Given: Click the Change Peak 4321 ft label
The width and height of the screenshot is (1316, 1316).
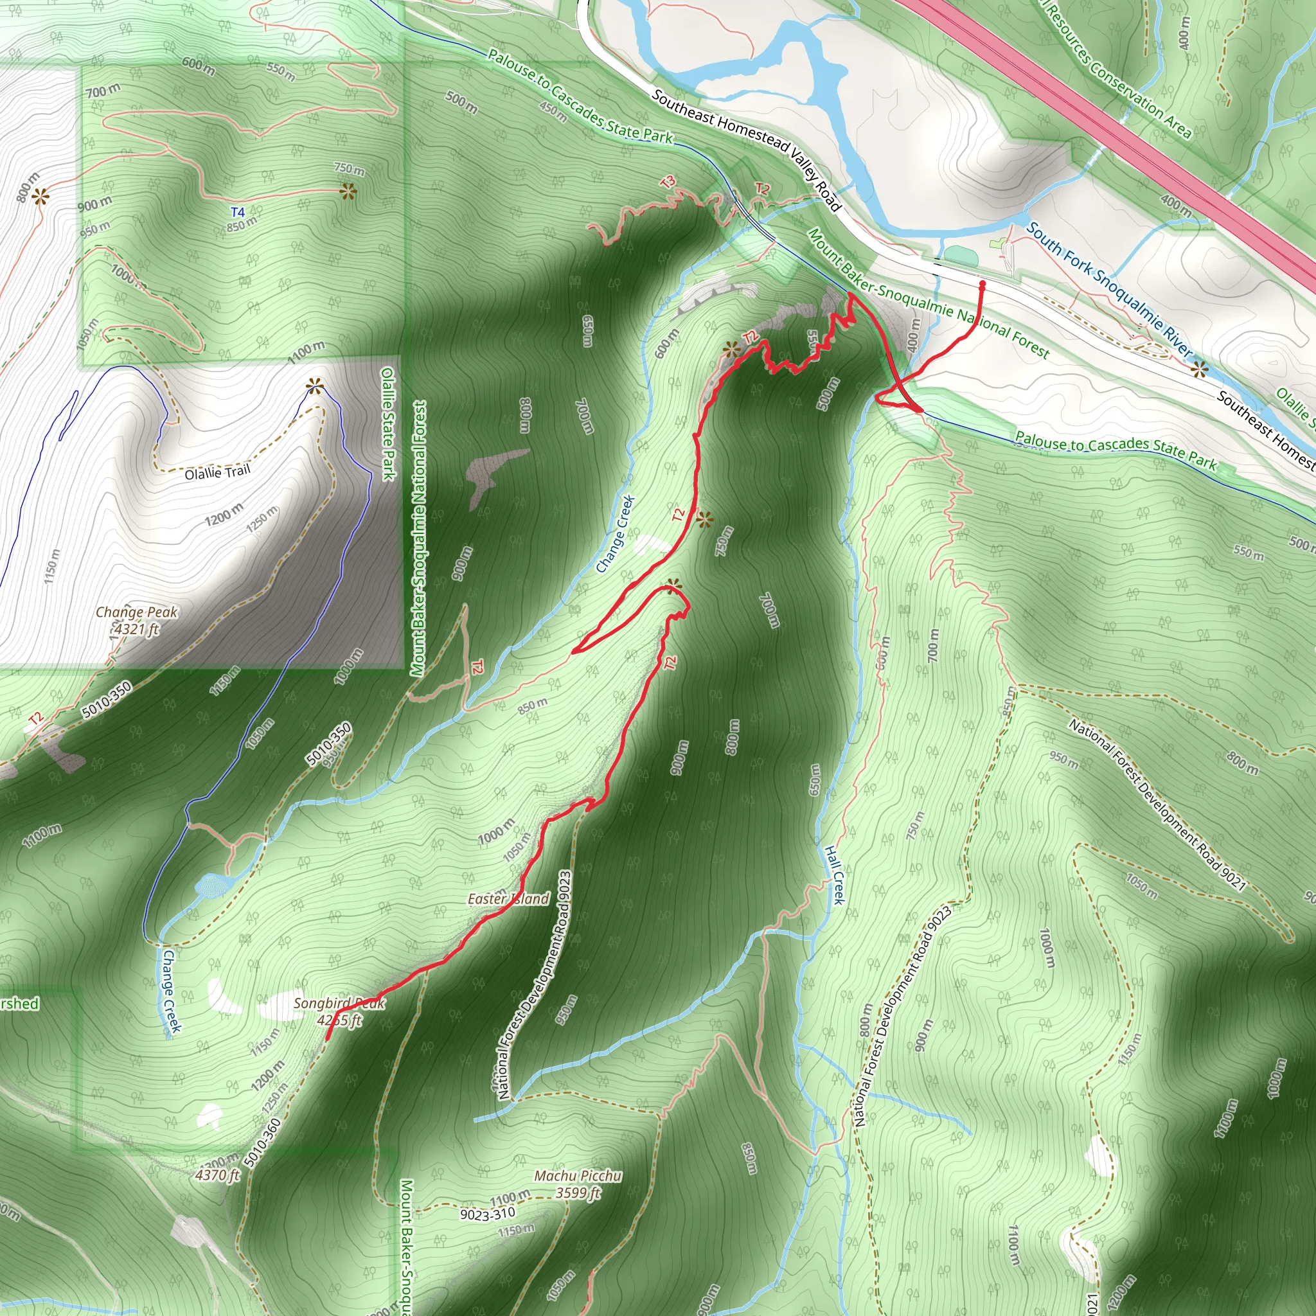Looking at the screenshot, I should (136, 620).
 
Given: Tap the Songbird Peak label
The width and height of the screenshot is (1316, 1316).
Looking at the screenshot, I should (339, 1011).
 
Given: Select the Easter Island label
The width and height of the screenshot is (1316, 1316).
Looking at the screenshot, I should (508, 899).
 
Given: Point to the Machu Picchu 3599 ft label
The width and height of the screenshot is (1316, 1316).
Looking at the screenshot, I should (578, 1184).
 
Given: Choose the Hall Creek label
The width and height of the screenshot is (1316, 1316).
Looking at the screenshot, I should (835, 875).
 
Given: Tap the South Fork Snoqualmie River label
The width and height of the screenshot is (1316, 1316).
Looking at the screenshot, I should (1110, 290).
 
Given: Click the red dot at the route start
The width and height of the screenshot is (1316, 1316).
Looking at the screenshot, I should (982, 284).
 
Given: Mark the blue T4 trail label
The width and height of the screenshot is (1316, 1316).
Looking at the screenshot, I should (237, 213).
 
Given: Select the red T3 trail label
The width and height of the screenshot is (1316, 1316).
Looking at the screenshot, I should (668, 182).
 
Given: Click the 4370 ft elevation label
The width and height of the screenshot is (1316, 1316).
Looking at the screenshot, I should (217, 1175).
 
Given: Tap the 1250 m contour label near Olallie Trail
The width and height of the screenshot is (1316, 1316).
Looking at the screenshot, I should (262, 519).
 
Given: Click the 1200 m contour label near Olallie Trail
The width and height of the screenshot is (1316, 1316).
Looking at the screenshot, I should (224, 514).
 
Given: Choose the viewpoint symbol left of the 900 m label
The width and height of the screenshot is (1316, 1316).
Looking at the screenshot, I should (40, 197).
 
